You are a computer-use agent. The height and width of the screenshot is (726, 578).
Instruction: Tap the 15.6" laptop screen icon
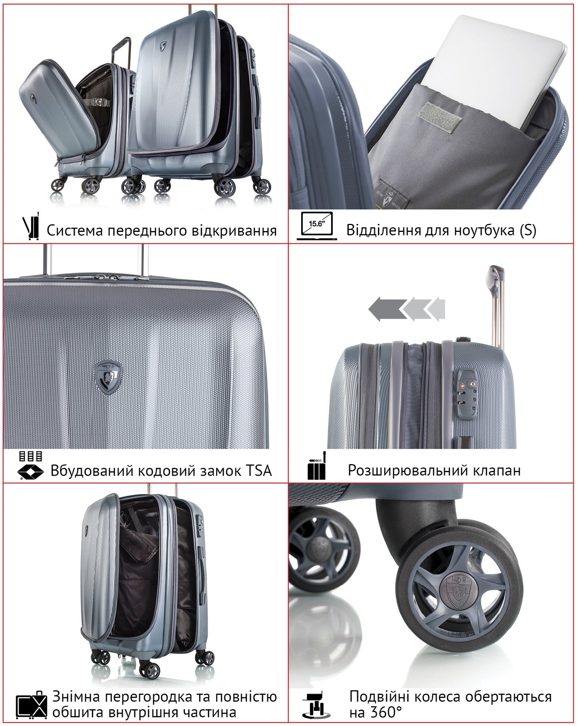pos(316,226)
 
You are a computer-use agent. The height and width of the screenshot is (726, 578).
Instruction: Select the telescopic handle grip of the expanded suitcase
pos(495,276)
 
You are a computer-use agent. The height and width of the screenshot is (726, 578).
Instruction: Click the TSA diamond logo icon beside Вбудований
pos(31,471)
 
